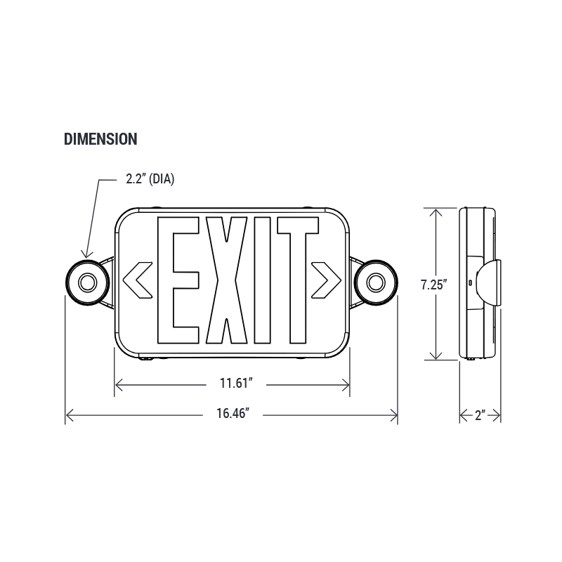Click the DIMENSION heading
[100, 139]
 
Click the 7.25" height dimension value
[434, 285]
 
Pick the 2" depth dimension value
[481, 415]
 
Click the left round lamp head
[87, 282]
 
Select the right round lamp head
[376, 282]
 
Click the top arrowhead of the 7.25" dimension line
[437, 211]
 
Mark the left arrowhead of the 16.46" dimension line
[68, 416]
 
